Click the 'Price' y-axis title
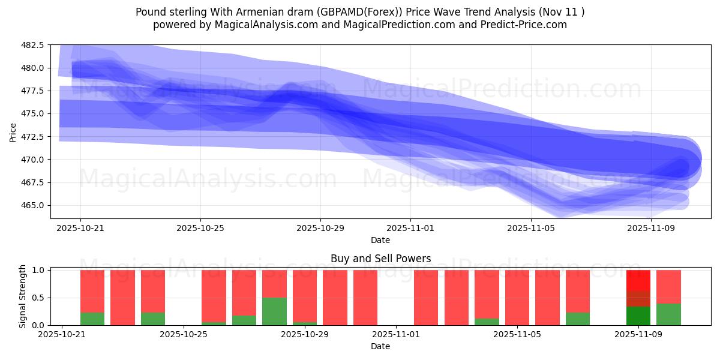(x=13, y=132)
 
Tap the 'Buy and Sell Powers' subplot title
(x=380, y=259)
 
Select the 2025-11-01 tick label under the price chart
(x=410, y=229)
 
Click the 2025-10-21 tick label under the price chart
(x=80, y=229)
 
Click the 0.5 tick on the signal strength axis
(x=38, y=298)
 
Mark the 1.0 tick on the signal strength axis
(x=38, y=271)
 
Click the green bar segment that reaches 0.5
(x=274, y=311)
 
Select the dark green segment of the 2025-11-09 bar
(x=638, y=316)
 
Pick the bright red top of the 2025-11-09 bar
(x=638, y=280)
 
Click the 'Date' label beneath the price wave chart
(x=380, y=240)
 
